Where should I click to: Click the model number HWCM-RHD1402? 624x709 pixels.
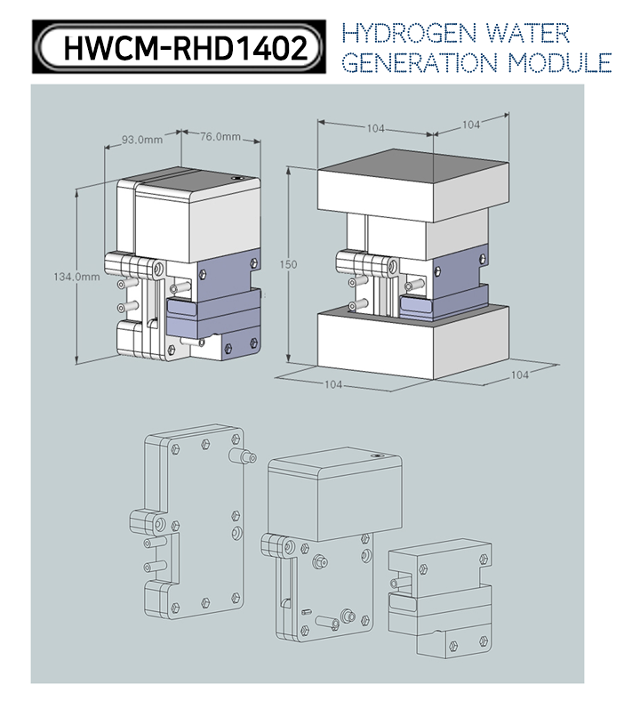click(x=185, y=48)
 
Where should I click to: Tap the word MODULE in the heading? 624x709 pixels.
click(x=559, y=63)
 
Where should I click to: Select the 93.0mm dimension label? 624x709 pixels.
click(x=142, y=140)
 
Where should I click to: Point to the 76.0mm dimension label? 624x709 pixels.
click(x=220, y=137)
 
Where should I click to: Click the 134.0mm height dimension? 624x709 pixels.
click(x=76, y=277)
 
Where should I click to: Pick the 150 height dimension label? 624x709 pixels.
click(x=288, y=264)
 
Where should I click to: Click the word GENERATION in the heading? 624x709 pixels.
click(x=420, y=63)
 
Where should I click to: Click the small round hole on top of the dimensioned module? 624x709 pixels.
click(x=236, y=179)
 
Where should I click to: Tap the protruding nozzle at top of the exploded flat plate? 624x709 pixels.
click(x=243, y=455)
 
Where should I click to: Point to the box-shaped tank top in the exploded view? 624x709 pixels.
click(x=334, y=493)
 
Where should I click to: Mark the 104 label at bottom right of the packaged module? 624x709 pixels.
click(x=520, y=375)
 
